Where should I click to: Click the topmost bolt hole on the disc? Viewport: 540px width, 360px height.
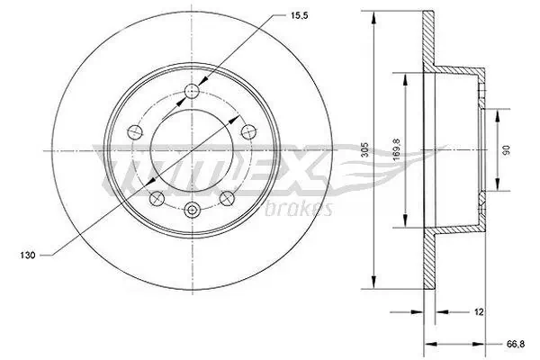coord(191,89)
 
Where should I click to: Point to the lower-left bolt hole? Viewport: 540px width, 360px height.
coord(154,196)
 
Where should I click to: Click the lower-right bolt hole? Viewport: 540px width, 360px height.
coord(228,196)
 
